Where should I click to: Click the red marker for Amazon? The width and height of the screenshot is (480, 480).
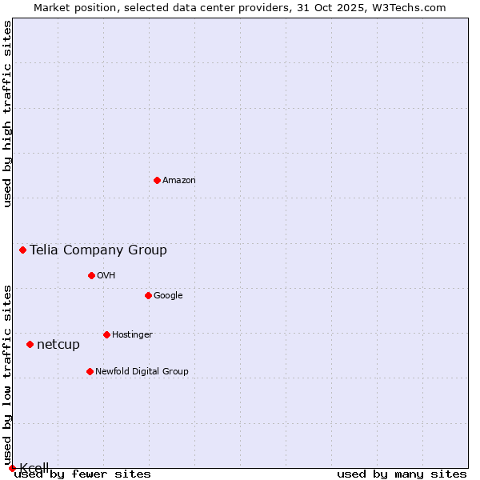(x=157, y=180)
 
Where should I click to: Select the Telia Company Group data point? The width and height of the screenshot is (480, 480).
(x=22, y=250)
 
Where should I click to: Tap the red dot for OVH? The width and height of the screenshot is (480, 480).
(x=91, y=275)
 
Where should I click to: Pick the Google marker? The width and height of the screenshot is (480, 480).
(x=148, y=295)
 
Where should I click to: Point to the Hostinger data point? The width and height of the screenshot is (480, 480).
(x=106, y=334)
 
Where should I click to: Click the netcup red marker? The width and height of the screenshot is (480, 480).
(x=30, y=344)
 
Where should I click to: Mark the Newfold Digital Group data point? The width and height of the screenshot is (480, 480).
(x=90, y=371)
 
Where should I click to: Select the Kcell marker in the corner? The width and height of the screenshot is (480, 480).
(x=12, y=468)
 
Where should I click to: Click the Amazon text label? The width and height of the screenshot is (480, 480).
(x=179, y=181)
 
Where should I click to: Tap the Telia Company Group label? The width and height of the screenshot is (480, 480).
(x=98, y=250)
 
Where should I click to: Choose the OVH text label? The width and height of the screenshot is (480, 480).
(x=106, y=276)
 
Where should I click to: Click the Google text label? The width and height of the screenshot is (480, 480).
(x=168, y=296)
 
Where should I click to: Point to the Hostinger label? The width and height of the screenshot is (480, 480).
(x=132, y=335)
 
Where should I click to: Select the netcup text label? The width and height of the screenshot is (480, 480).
(x=58, y=345)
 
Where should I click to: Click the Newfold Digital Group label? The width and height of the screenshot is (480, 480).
(x=142, y=372)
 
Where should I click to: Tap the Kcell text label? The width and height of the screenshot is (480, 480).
(x=34, y=468)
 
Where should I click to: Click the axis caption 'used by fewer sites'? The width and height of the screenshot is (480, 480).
(x=82, y=474)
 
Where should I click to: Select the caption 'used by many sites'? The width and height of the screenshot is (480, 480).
(x=402, y=474)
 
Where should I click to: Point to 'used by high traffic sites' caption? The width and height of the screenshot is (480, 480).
(x=8, y=114)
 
